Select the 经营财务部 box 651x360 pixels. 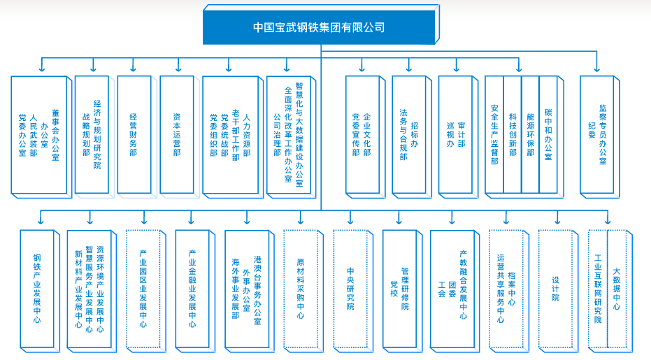pyautogui.click(x=133, y=134)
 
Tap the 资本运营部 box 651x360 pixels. pyautogui.click(x=176, y=134)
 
